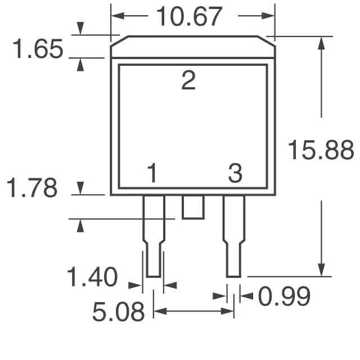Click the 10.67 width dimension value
(x=189, y=16)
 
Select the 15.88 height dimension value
(x=321, y=150)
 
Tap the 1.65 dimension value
(x=38, y=49)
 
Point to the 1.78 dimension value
(x=32, y=187)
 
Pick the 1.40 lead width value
(x=92, y=277)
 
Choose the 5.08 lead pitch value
(x=119, y=312)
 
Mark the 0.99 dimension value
(x=284, y=296)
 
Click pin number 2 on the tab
(x=188, y=80)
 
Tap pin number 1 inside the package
(x=152, y=173)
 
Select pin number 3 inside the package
(x=235, y=173)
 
